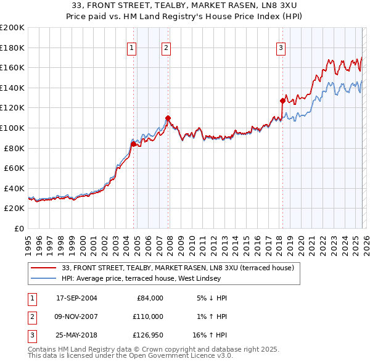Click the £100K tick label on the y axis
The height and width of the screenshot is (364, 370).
point(12,128)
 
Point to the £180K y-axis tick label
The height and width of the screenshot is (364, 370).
point(12,48)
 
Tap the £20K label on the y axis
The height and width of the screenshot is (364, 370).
point(14,209)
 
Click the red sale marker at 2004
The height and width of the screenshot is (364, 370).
point(133,144)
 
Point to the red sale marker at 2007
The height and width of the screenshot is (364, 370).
point(168,118)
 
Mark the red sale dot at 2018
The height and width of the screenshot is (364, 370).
point(282,101)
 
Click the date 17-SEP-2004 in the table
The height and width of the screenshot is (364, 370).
point(76,298)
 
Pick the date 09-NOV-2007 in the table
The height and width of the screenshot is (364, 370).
point(76,316)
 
